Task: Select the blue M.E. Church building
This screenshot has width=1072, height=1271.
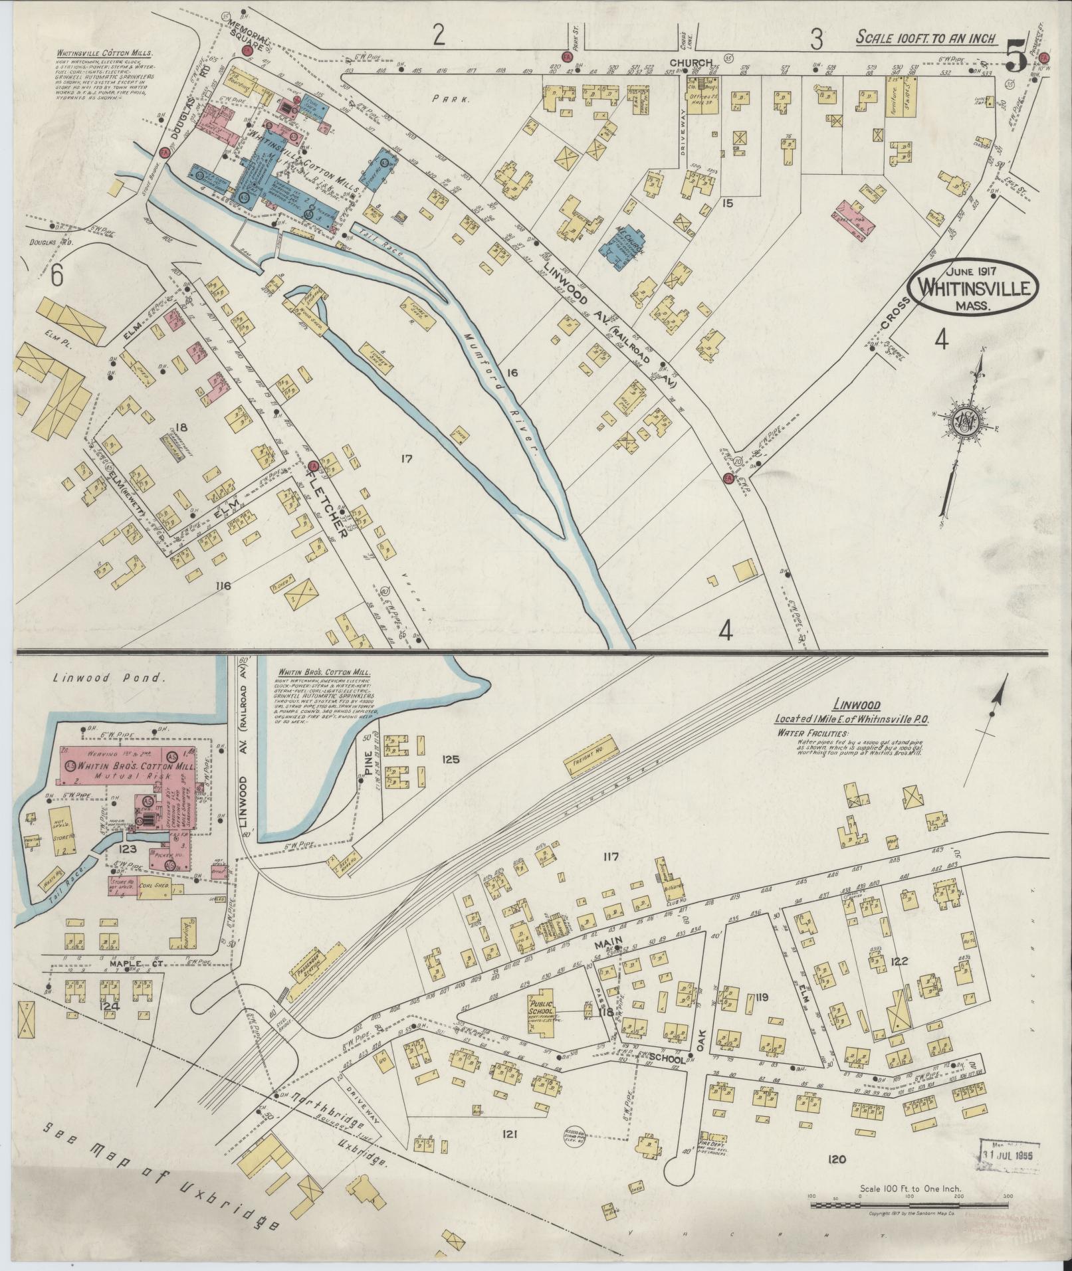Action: [624, 248]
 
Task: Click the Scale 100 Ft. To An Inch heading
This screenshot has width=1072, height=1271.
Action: [926, 37]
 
